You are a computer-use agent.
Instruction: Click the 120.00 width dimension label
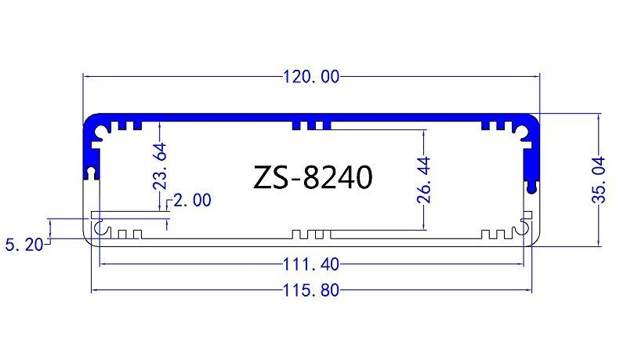[x=311, y=77]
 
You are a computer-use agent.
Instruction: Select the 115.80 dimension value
[x=311, y=291]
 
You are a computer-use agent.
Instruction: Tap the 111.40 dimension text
[x=311, y=264]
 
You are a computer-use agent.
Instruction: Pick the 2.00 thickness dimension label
[x=191, y=201]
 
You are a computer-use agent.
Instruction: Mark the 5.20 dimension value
[x=23, y=245]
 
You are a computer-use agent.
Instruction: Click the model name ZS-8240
[x=313, y=177]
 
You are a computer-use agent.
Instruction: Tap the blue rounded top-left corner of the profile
[x=93, y=125]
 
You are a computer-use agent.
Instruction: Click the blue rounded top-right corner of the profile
[x=531, y=125]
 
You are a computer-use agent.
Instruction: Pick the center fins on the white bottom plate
[x=311, y=235]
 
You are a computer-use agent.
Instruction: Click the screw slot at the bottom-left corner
[x=100, y=228]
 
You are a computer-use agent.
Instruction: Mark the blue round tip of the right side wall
[x=534, y=187]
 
